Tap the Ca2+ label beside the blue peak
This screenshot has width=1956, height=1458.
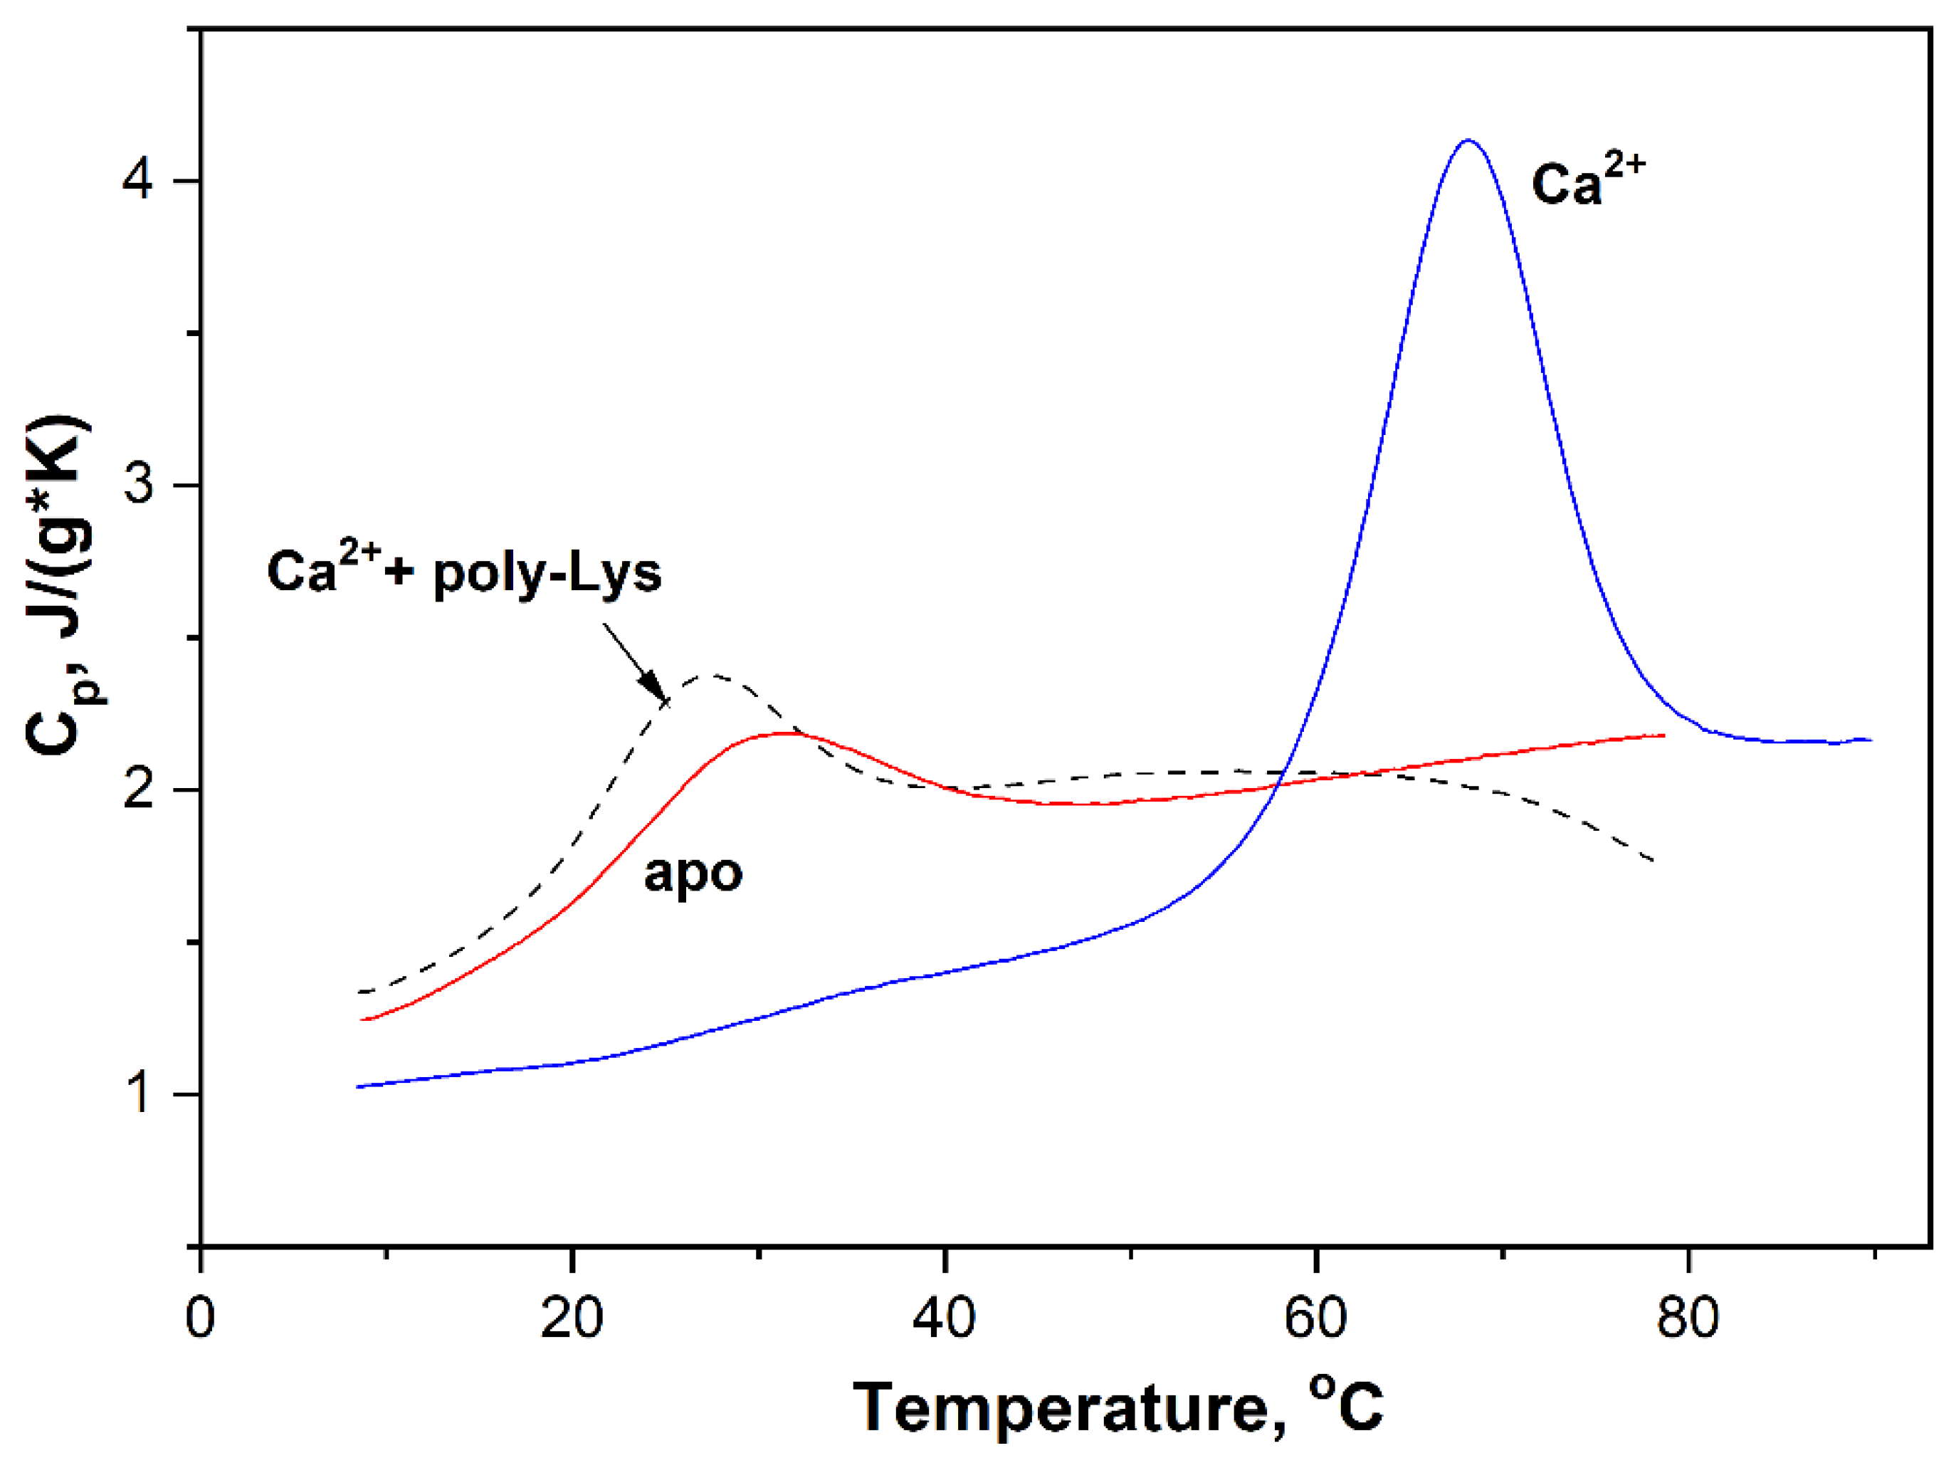coord(1587,184)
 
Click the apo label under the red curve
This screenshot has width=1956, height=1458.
coord(693,874)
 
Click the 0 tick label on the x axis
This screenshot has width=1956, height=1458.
coord(201,1318)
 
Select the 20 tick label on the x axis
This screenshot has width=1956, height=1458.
coord(572,1318)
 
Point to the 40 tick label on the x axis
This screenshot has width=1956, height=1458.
coord(944,1318)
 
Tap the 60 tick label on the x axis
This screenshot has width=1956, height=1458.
coord(1315,1318)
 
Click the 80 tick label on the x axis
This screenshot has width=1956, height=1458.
coord(1688,1318)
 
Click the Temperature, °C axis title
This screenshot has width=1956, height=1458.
coord(1119,1407)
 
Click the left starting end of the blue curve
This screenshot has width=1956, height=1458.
coord(358,1086)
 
